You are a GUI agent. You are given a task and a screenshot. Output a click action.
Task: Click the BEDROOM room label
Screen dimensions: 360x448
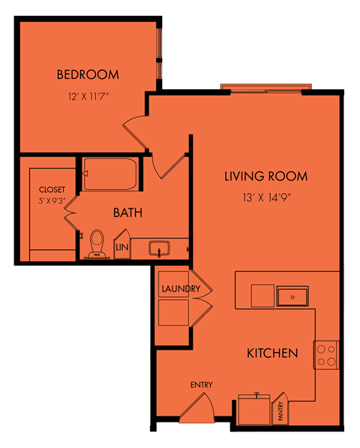pyautogui.click(x=88, y=74)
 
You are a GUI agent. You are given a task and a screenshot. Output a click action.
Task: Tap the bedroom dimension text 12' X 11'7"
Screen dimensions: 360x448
pyautogui.click(x=88, y=96)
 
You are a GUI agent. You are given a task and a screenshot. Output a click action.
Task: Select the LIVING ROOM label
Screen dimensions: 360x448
pyautogui.click(x=265, y=176)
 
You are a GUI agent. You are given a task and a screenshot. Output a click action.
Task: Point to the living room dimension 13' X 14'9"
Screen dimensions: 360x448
pyautogui.click(x=267, y=197)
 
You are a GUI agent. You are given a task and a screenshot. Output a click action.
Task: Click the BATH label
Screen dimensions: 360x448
pyautogui.click(x=127, y=212)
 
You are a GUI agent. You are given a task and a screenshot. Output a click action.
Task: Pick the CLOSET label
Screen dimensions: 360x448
pyautogui.click(x=52, y=190)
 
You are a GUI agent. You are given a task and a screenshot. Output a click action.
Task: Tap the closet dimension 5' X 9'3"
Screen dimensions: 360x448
pyautogui.click(x=52, y=200)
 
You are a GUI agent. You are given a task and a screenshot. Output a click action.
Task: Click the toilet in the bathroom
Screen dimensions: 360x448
pyautogui.click(x=97, y=244)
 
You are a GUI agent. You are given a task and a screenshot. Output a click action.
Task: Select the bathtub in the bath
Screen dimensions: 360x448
pyautogui.click(x=110, y=174)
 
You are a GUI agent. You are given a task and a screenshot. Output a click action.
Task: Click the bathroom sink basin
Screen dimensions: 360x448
pyautogui.click(x=159, y=248)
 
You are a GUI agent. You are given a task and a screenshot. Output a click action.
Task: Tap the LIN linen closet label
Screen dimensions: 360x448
pyautogui.click(x=122, y=247)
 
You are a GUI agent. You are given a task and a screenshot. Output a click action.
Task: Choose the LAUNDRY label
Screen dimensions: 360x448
pyautogui.click(x=181, y=289)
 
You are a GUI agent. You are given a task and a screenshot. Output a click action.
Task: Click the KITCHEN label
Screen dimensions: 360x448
pyautogui.click(x=272, y=353)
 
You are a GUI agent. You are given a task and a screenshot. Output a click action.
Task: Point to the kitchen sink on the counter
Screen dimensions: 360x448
pyautogui.click(x=292, y=297)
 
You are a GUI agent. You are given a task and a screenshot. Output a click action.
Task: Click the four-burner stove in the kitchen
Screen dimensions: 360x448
pyautogui.click(x=326, y=355)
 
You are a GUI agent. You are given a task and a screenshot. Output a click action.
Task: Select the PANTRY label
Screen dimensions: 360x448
pyautogui.click(x=280, y=411)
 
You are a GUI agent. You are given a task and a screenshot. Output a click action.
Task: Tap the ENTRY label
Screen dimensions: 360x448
pyautogui.click(x=202, y=385)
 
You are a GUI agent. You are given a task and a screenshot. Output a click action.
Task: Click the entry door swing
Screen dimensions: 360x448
pyautogui.click(x=197, y=407)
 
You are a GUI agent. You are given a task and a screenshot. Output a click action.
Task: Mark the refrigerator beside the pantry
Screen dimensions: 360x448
pyautogui.click(x=254, y=410)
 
